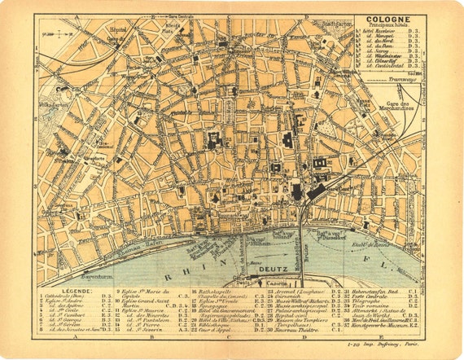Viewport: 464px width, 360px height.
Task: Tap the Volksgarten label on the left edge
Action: click(49, 104)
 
